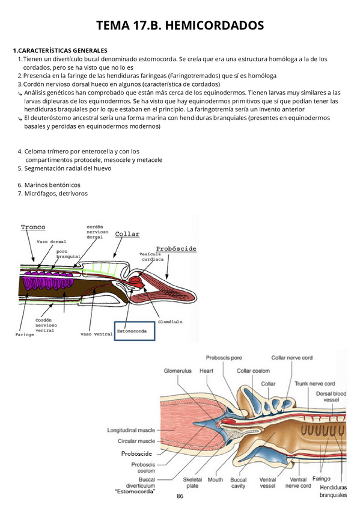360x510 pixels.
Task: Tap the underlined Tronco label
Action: click(33, 227)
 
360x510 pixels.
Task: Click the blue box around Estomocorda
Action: click(135, 330)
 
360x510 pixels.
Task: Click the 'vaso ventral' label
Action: click(94, 332)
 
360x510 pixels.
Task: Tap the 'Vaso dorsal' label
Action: click(51, 241)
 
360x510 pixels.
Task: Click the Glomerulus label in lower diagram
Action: click(178, 371)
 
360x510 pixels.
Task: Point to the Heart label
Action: click(207, 371)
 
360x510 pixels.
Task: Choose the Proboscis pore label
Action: click(224, 358)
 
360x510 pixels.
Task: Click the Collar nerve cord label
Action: click(291, 358)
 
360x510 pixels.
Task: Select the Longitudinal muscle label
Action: click(131, 431)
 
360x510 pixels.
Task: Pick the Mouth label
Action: click(215, 480)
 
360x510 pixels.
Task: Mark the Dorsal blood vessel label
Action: click(331, 397)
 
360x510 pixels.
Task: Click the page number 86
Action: click(180, 496)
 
